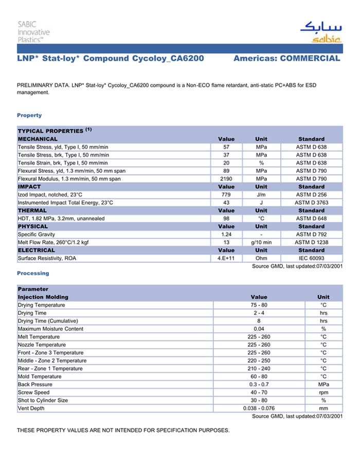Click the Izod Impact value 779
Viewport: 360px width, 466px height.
226,195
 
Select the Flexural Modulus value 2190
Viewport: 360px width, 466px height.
226,179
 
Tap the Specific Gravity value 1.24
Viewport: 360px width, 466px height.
226,235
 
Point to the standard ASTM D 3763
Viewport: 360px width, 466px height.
311,203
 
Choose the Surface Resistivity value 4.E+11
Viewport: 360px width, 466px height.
226,258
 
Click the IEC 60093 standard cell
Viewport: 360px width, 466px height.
311,258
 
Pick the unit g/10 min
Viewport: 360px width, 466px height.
261,242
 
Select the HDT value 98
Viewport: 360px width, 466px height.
226,219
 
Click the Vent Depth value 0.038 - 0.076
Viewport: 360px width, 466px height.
259,408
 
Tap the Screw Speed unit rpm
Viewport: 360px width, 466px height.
323,392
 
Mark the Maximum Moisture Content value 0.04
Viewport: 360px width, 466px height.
259,329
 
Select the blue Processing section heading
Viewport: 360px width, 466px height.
33,274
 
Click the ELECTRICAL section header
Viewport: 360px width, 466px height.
37,250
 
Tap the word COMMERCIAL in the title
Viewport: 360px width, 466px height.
310,59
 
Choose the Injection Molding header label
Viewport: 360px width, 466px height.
43,297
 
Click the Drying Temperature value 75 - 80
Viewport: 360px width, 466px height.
259,306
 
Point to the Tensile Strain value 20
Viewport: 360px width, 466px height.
226,163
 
